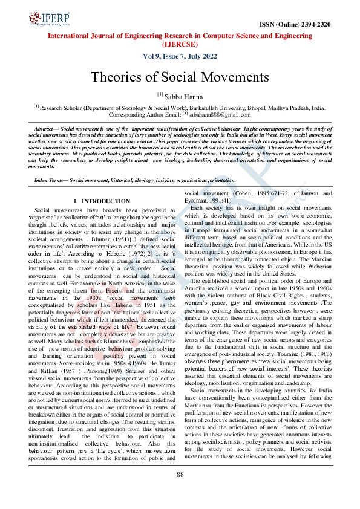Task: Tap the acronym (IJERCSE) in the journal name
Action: [180, 44]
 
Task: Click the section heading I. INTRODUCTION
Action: [101, 201]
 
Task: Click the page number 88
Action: [180, 491]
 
